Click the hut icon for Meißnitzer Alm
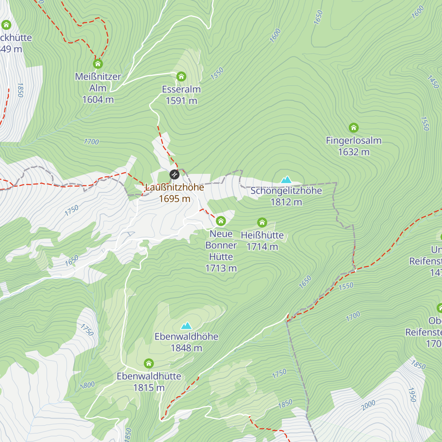coord(98,64)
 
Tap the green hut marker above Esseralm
coord(181,77)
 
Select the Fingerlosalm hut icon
coord(354,128)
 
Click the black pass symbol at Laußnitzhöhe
coord(174,174)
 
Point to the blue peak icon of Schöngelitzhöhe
coord(286,180)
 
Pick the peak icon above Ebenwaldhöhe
coord(186,326)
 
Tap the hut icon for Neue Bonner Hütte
coord(221,221)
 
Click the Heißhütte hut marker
coord(262,222)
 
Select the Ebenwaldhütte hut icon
coord(149,364)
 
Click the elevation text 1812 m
coord(286,202)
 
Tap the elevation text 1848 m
coord(186,348)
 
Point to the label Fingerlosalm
coord(354,141)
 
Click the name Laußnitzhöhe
coord(175,187)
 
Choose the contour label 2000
coord(368,405)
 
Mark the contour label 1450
coord(434,82)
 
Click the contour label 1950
coord(412,394)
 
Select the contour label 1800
coord(88,385)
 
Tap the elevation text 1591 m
coord(181,101)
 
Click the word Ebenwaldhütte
coord(149,376)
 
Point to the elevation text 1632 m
coord(354,152)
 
